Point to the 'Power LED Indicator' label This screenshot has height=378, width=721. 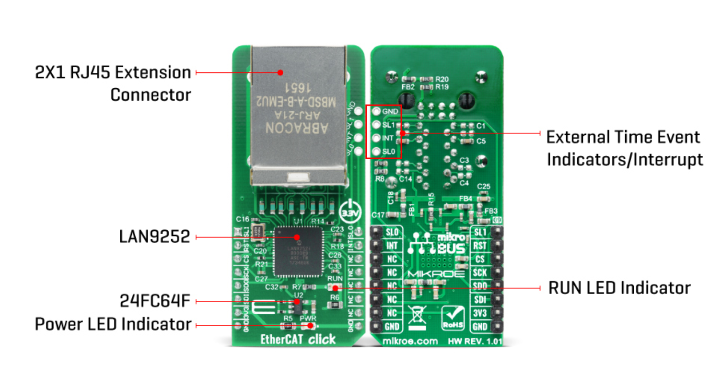click(113, 325)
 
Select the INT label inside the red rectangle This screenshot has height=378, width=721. click(388, 138)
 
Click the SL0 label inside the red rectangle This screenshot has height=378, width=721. click(388, 152)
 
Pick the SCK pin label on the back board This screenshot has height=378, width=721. click(481, 272)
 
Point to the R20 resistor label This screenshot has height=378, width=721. click(442, 79)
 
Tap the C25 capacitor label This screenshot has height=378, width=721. click(484, 186)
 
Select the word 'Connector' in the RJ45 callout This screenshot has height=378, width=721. click(151, 94)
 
